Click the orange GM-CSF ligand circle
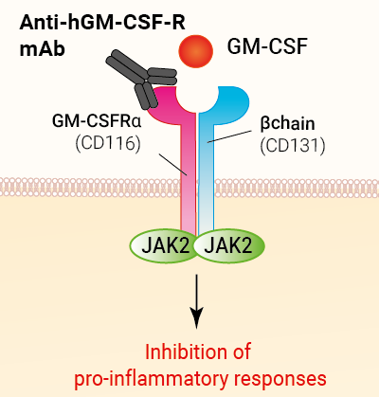point(196,51)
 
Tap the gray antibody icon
point(141,79)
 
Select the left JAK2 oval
point(164,245)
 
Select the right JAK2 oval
point(229,245)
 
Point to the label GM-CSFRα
point(97,121)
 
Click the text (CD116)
point(108,144)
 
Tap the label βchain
point(287,123)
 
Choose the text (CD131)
point(293,146)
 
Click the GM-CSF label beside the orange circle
point(267,46)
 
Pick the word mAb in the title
point(42,49)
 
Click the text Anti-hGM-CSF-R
point(102,23)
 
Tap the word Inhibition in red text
point(182,352)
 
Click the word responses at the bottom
point(280,379)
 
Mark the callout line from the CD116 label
point(173,165)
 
